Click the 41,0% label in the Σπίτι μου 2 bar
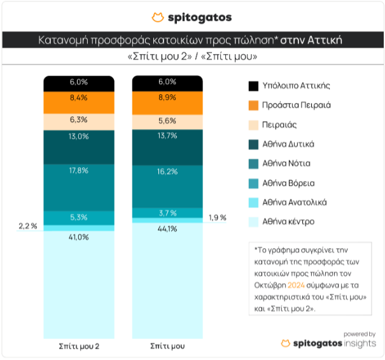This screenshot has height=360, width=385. tap(78, 237)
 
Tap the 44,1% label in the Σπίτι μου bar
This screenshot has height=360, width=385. tap(167, 229)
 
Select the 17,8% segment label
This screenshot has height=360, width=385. tap(78, 169)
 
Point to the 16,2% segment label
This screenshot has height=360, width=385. tap(167, 172)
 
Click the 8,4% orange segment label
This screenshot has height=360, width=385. tap(78, 97)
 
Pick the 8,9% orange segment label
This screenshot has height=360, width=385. tap(167, 97)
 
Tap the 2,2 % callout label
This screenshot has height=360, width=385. tap(27, 226)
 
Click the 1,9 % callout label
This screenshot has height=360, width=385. tap(217, 218)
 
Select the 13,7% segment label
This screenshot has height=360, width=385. tap(167, 137)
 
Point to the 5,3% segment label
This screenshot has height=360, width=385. tap(78, 217)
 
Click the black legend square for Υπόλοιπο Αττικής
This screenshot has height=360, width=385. tap(253, 86)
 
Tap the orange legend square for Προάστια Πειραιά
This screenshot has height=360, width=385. tap(253, 105)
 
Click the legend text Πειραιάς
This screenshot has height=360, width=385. tap(279, 125)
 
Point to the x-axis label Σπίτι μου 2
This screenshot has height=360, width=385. tap(78, 347)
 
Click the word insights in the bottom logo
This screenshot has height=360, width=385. tap(357, 343)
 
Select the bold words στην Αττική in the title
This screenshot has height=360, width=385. tap(312, 40)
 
